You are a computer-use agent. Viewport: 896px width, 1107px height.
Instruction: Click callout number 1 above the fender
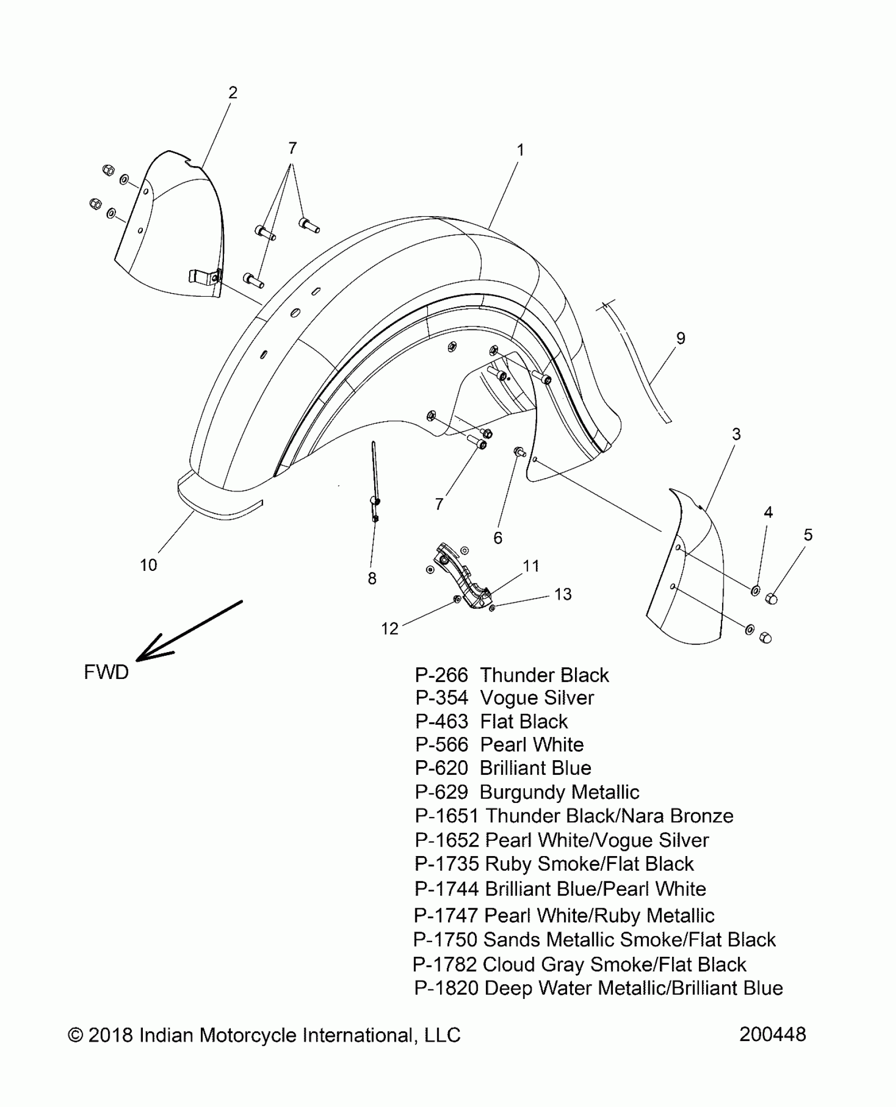(x=520, y=150)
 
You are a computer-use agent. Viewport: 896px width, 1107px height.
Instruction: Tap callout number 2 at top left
(x=233, y=93)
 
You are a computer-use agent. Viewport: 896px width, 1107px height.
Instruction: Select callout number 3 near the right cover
(x=736, y=434)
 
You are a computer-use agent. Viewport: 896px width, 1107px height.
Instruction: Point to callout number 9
(x=680, y=338)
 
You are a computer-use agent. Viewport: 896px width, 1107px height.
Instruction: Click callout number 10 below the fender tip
(x=149, y=565)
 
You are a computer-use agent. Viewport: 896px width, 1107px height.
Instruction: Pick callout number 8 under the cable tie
(x=372, y=579)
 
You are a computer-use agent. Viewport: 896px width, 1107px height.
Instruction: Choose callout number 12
(x=389, y=628)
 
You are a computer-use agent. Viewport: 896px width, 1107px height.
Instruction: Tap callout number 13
(x=563, y=595)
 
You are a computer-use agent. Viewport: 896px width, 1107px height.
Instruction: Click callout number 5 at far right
(x=808, y=535)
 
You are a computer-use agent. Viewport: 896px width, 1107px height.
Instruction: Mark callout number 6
(x=498, y=538)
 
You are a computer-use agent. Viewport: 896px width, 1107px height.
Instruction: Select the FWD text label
(x=106, y=672)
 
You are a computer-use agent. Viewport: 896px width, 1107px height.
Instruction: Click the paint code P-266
(x=441, y=675)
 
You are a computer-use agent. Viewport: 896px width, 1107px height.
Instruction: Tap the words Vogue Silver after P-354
(x=537, y=698)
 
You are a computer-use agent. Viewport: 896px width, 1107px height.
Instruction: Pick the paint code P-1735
(x=446, y=864)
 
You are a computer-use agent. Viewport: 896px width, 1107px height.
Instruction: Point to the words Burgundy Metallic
(x=559, y=792)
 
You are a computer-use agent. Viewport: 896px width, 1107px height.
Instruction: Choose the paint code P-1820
(x=446, y=988)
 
